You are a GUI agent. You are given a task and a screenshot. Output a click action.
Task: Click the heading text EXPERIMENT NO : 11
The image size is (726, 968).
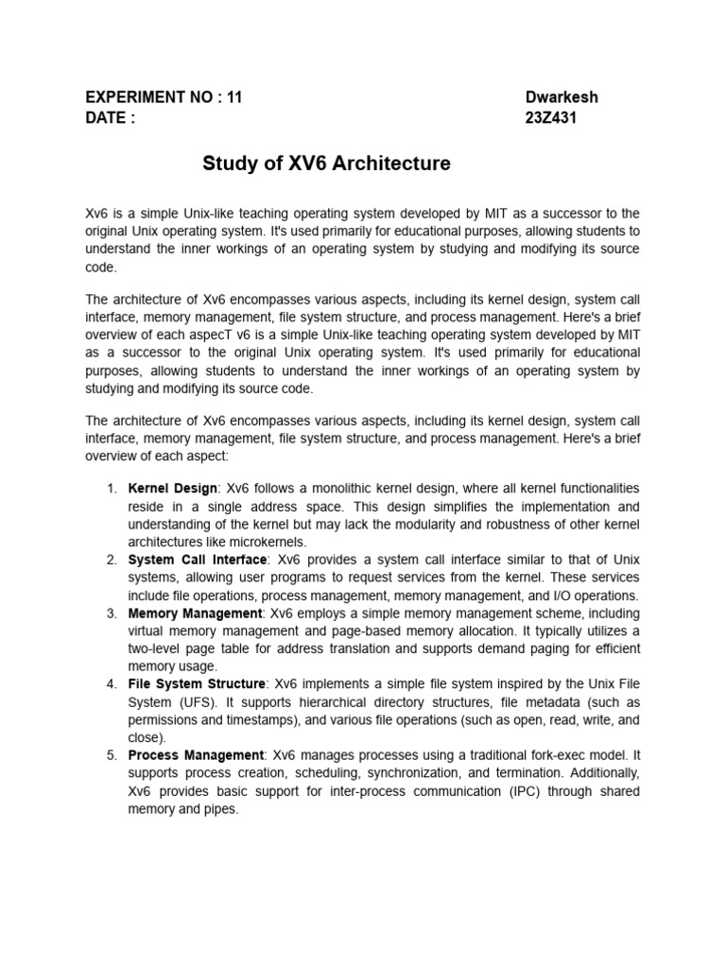(x=164, y=97)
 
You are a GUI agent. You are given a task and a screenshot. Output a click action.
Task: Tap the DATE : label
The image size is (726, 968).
(x=111, y=118)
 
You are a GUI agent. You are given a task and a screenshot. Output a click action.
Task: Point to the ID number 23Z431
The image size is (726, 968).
(x=550, y=118)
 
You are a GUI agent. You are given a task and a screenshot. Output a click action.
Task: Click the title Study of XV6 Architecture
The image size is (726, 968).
(x=327, y=164)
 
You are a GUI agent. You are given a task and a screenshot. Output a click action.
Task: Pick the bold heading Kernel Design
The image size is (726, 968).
(x=173, y=489)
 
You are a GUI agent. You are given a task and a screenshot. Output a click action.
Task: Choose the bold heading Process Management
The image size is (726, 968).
(x=196, y=756)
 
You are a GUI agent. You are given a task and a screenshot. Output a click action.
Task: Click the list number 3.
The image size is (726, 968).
(x=111, y=614)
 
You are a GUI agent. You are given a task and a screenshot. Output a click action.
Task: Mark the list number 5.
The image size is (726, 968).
(x=111, y=756)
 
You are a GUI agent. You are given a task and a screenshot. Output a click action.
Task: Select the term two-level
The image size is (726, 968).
(x=159, y=649)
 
